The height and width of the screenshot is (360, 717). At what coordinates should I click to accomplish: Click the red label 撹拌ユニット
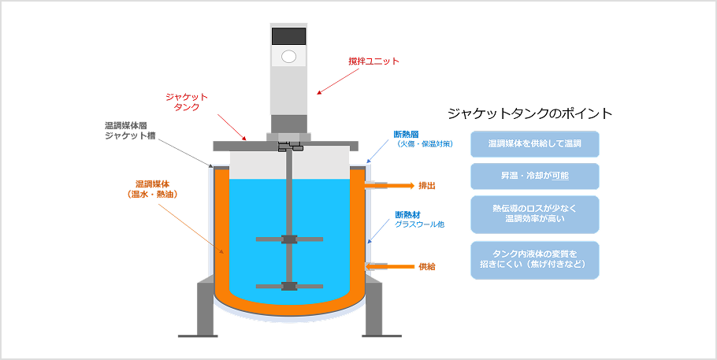[373, 61]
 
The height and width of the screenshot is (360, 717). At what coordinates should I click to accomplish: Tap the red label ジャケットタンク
[187, 102]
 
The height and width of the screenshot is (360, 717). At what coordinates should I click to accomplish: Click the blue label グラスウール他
[420, 225]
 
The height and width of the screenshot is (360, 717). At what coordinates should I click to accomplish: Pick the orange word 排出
[427, 186]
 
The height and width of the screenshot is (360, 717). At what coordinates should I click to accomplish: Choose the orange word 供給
[427, 267]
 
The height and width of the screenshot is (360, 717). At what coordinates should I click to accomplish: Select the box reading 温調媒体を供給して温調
[534, 144]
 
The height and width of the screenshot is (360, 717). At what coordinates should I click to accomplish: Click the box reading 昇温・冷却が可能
[534, 176]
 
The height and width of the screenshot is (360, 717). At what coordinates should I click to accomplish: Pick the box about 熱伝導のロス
[534, 214]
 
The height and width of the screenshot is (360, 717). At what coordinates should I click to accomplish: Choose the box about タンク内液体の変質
[534, 260]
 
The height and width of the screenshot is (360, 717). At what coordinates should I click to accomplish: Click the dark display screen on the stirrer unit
[288, 35]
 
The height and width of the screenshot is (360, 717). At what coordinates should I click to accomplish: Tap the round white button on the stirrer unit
[288, 57]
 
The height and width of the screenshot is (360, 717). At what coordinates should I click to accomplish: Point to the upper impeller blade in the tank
[288, 239]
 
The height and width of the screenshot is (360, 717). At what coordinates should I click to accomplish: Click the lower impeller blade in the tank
[288, 285]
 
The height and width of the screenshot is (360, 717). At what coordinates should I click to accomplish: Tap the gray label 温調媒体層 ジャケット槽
[130, 131]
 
